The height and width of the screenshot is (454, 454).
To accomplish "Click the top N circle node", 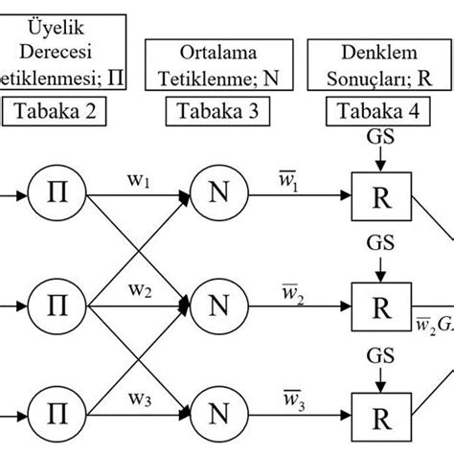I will pos(217,195).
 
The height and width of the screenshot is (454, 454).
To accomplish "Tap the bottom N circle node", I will pos(217,418).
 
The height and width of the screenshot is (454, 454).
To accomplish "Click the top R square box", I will pos(380,195).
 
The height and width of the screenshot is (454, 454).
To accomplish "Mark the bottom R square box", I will pos(380,418).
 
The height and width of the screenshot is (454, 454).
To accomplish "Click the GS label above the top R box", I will pos(380,140).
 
